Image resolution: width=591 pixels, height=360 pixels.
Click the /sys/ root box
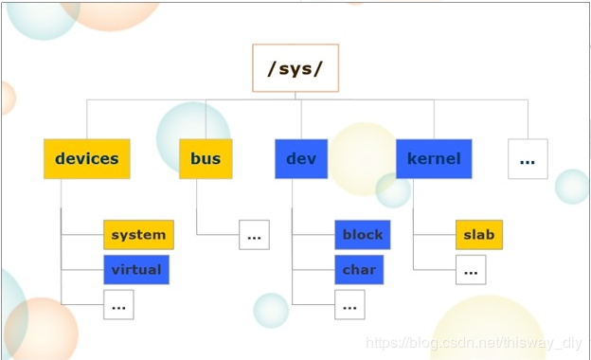295,68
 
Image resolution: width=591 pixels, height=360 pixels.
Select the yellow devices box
86,159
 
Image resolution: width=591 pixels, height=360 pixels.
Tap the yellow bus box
206,159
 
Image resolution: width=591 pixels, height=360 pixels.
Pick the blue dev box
301,159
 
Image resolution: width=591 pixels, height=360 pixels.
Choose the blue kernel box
434,159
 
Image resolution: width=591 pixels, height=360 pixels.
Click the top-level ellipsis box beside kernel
528,159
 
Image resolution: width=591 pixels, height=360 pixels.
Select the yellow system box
137,235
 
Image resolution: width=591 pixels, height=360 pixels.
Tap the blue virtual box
136,270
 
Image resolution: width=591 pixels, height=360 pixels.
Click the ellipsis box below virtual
118,305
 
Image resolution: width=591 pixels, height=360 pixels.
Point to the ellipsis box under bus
253,235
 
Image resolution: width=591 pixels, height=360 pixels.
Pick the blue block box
363,235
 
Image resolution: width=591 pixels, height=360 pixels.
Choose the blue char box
360,270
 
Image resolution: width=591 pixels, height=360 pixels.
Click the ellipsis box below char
349,305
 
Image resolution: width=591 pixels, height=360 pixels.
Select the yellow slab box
478,235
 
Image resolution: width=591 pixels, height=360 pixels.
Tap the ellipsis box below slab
471,270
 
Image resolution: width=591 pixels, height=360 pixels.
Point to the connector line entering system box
82,235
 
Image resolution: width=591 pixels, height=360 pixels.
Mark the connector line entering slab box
435,235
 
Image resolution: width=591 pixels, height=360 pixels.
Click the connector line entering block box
313,235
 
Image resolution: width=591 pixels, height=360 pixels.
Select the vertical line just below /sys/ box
295,96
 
